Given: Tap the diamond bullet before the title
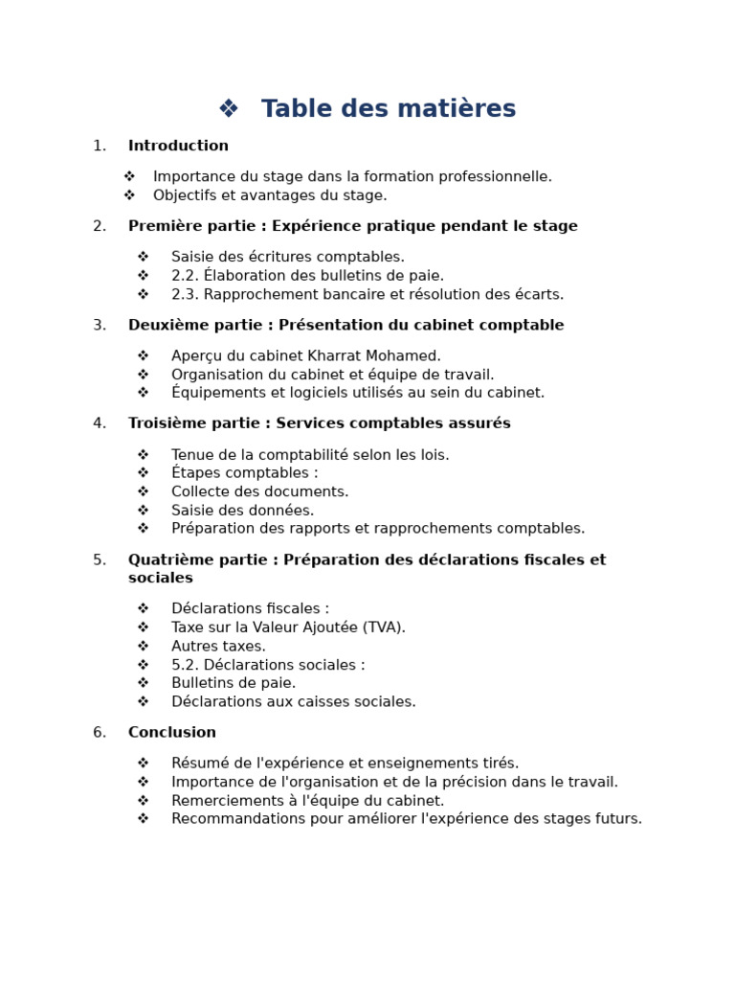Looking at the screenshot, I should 228,109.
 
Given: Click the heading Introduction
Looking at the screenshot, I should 178,147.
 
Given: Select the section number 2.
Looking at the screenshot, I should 99,227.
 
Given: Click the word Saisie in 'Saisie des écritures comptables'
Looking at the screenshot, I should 192,258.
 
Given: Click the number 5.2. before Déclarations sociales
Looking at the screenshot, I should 186,665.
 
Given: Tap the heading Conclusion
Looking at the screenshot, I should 172,733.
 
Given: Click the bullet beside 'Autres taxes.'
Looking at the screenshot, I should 143,647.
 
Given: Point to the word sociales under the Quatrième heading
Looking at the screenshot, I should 161,579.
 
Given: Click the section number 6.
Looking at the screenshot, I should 99,733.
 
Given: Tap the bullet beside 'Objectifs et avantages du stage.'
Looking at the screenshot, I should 130,195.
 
